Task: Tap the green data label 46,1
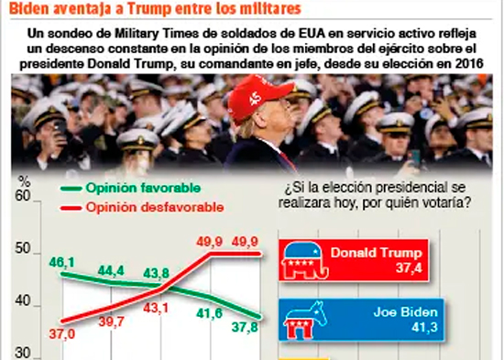pyautogui.click(x=61, y=263)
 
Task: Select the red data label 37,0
pyautogui.click(x=62, y=334)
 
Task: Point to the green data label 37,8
pyautogui.click(x=245, y=327)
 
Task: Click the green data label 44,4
pyautogui.click(x=111, y=271)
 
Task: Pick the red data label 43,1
pyautogui.click(x=156, y=309)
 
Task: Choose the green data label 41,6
pyautogui.click(x=210, y=313)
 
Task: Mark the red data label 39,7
pyautogui.click(x=111, y=322)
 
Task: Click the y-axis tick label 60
pyautogui.click(x=23, y=196)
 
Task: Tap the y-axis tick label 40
pyautogui.click(x=23, y=301)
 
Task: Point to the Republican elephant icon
pyautogui.click(x=304, y=260)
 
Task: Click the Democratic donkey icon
pyautogui.click(x=305, y=320)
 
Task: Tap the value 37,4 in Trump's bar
pyautogui.click(x=409, y=267)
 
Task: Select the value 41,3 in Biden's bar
pyautogui.click(x=424, y=327)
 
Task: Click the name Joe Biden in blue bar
pyautogui.click(x=406, y=312)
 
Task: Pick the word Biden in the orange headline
pyautogui.click(x=29, y=8)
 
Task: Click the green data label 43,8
pyautogui.click(x=156, y=274)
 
